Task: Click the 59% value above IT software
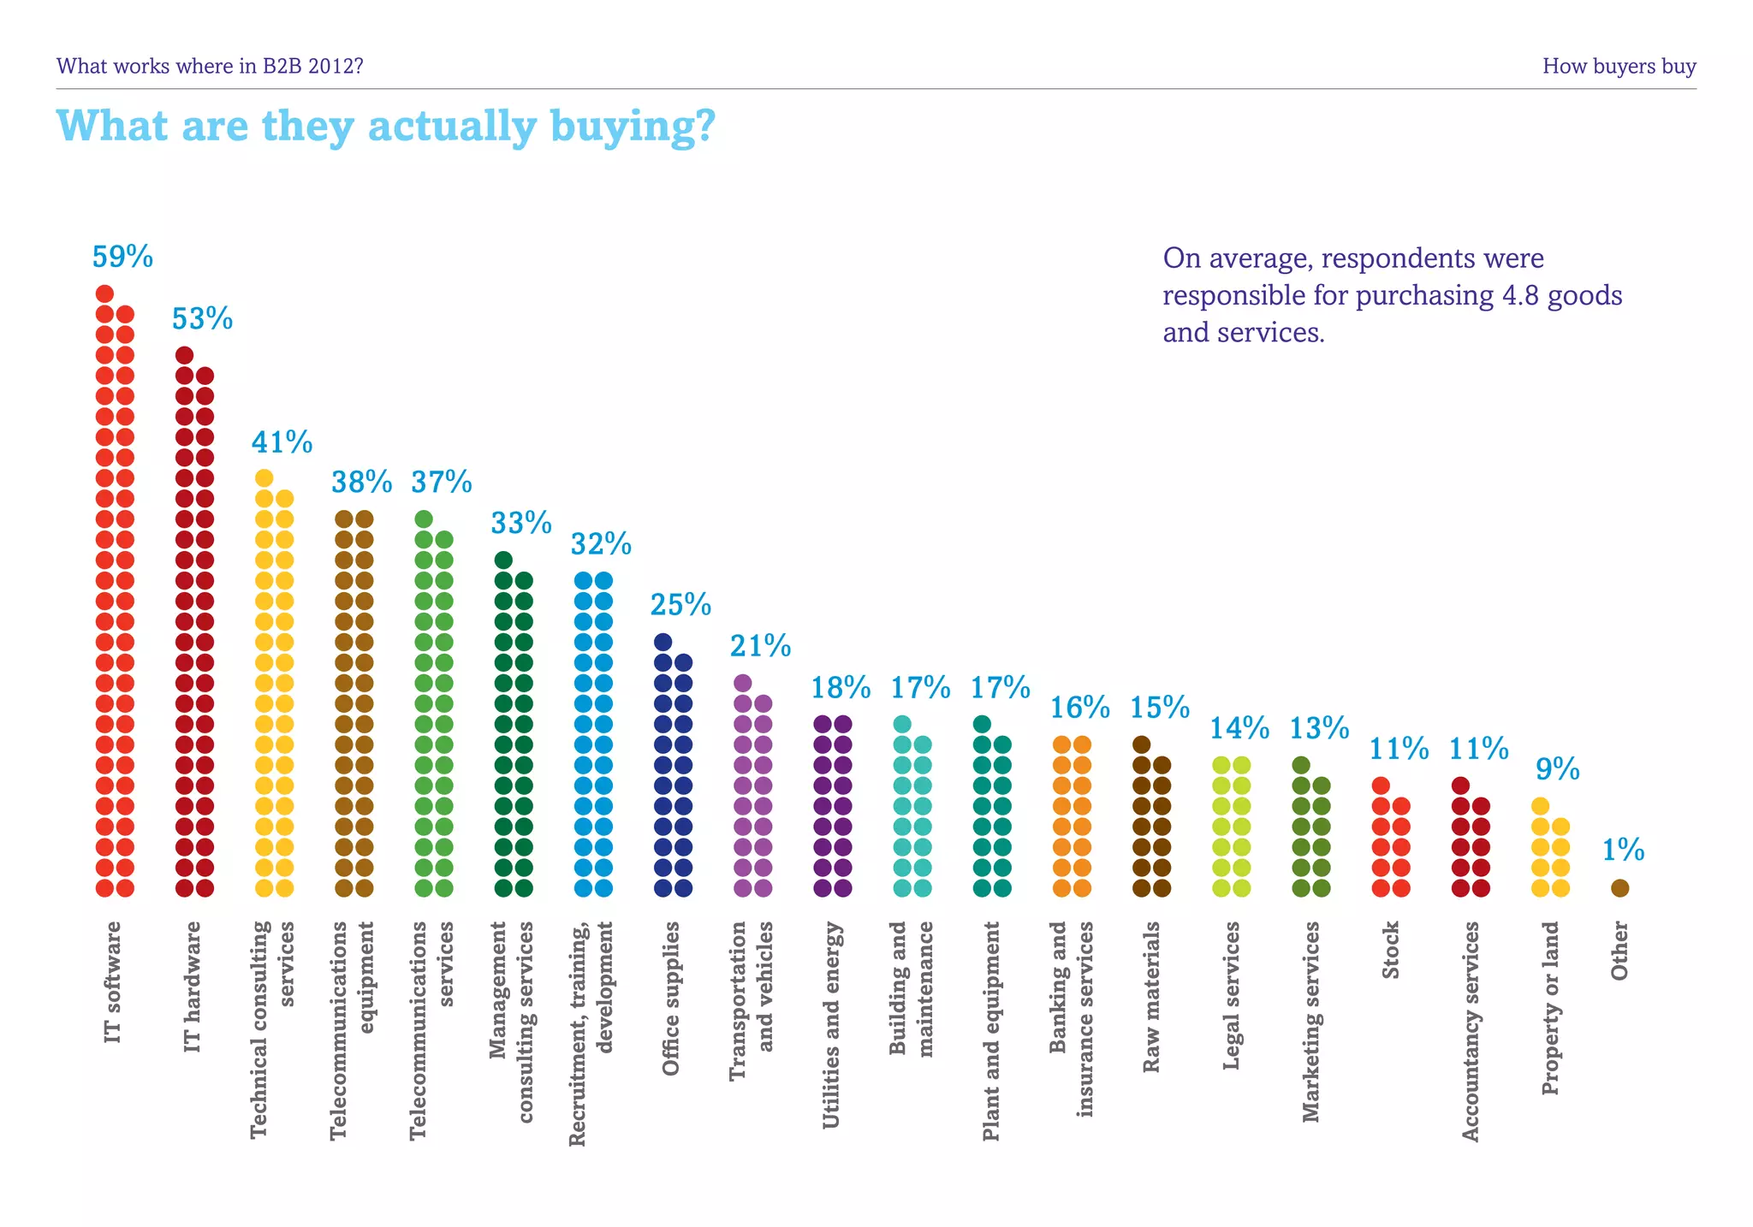click(122, 257)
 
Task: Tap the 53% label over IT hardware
click(202, 319)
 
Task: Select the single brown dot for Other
click(1619, 888)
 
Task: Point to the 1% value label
click(1623, 850)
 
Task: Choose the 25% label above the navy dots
click(680, 605)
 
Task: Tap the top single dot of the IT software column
click(104, 293)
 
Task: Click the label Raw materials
click(1151, 997)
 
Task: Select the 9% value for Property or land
click(1557, 769)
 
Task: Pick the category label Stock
click(1390, 950)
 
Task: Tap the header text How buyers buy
click(1619, 66)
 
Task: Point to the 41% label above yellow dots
click(282, 442)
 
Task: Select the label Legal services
click(1231, 995)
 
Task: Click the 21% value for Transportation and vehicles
click(760, 646)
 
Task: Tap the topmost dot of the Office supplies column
click(663, 642)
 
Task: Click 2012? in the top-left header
click(336, 66)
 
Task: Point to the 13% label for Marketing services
click(1319, 728)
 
